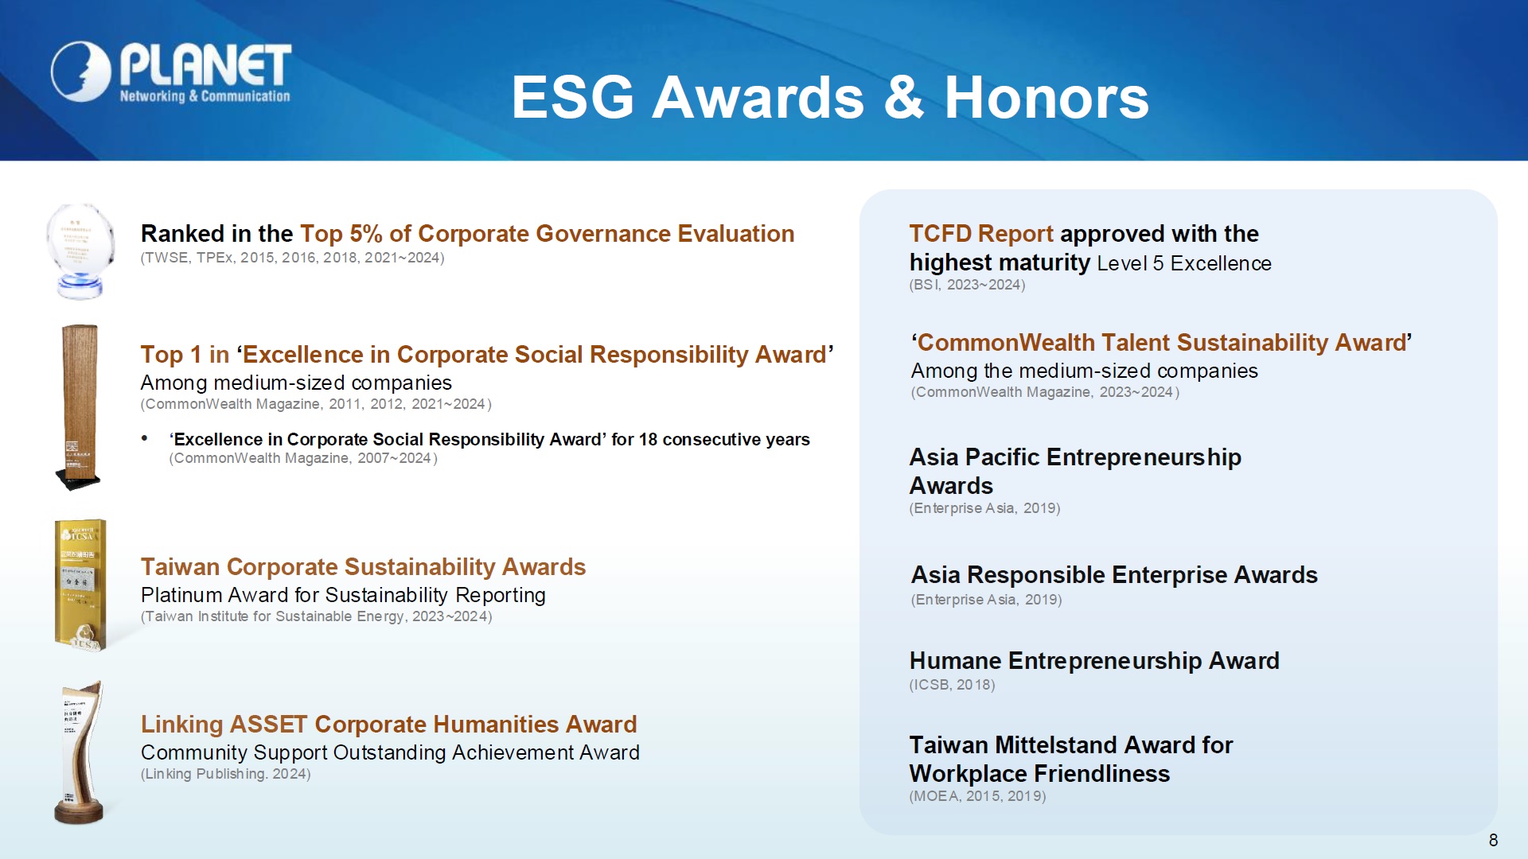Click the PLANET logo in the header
click(x=171, y=73)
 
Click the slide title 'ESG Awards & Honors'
click(x=830, y=98)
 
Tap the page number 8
click(x=1493, y=840)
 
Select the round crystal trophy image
click(x=80, y=251)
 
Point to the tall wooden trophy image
click(x=79, y=406)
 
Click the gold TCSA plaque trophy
click(x=80, y=585)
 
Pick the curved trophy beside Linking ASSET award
click(x=80, y=752)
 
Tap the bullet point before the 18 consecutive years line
click(x=144, y=438)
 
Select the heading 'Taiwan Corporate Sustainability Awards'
click(x=363, y=567)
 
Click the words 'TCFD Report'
click(x=981, y=234)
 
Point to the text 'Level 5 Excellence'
click(x=1184, y=263)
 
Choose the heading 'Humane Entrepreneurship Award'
click(x=1094, y=661)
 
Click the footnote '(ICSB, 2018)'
click(x=952, y=685)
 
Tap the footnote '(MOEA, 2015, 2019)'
click(x=977, y=796)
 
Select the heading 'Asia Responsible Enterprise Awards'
click(x=1114, y=575)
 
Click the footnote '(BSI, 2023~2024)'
click(x=967, y=285)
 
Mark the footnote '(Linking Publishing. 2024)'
click(x=225, y=774)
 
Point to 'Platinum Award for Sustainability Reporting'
click(x=343, y=595)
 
